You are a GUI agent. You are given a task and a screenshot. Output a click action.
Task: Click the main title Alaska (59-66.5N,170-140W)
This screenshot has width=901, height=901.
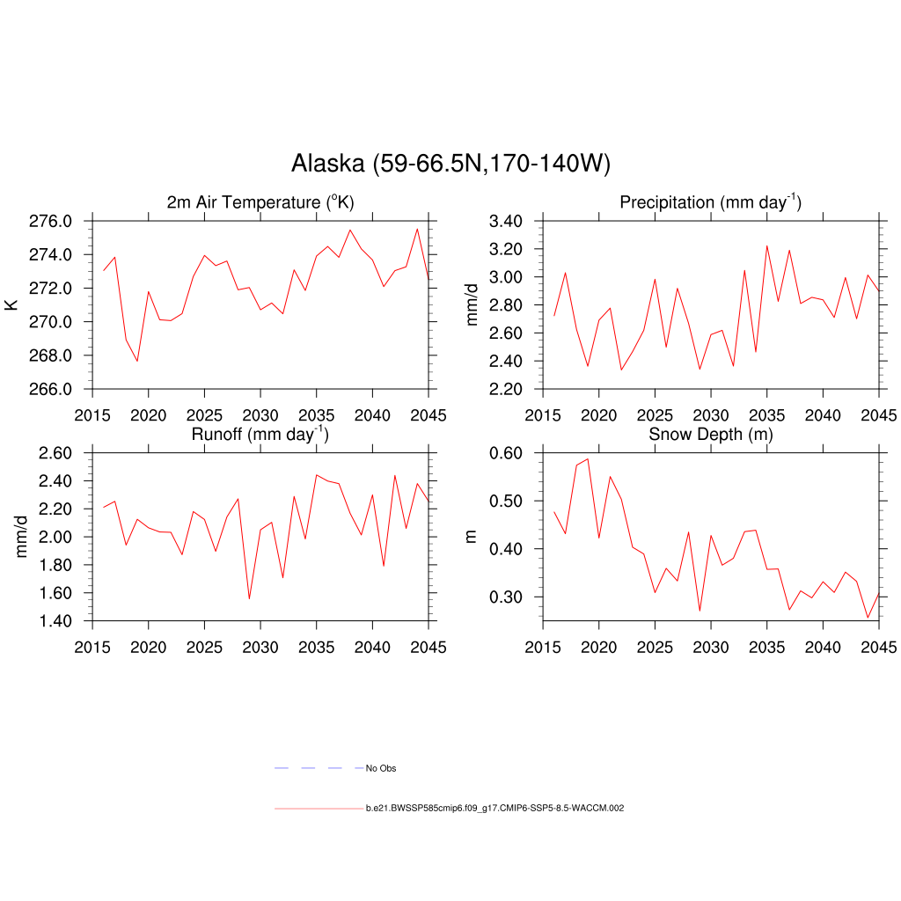point(450,164)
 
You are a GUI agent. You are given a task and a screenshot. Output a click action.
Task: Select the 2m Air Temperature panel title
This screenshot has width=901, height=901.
point(260,202)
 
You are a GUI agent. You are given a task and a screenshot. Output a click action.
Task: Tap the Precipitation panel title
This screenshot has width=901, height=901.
point(710,202)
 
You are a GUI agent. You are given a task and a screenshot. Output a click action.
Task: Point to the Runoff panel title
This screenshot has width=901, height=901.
point(260,434)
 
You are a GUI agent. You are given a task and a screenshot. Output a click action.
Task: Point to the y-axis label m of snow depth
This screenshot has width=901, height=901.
point(471,537)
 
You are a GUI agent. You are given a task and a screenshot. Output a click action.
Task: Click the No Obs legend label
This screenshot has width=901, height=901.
point(381,769)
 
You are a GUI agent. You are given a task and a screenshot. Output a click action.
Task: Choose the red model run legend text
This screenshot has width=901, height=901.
point(494,808)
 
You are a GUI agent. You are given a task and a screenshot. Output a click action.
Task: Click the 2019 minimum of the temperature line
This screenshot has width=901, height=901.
point(137,361)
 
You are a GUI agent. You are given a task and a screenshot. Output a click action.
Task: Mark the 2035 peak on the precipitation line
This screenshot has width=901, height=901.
point(766,245)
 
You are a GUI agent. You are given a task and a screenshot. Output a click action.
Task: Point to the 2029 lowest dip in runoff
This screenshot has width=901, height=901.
point(249,599)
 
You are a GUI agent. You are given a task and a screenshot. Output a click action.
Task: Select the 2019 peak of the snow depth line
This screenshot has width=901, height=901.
point(588,458)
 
